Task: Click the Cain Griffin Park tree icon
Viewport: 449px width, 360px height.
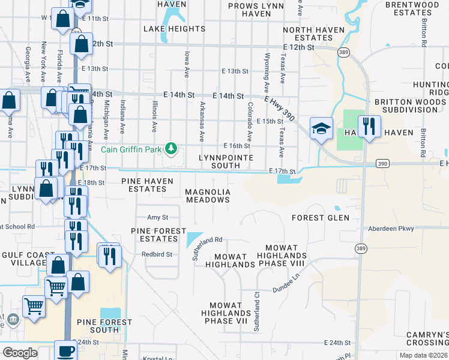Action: (172, 147)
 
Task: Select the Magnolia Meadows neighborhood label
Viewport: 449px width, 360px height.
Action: (208, 196)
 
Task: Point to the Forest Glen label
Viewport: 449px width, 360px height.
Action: (321, 218)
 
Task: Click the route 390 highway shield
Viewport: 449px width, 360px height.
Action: (383, 163)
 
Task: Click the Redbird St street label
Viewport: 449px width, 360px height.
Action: (157, 254)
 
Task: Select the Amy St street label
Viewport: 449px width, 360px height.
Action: (157, 217)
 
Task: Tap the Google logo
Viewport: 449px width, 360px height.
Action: (20, 353)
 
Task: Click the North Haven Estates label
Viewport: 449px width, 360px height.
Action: (314, 34)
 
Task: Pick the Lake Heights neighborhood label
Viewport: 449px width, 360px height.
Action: (174, 29)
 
